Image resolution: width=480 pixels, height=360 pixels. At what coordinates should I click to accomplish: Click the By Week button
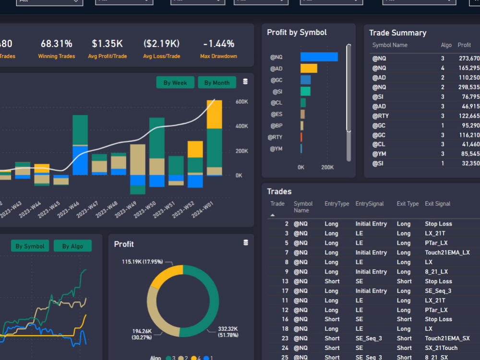pos(175,83)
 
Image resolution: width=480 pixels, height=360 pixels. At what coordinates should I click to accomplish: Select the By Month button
pos(217,83)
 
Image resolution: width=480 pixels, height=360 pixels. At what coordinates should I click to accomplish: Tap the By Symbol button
pos(30,246)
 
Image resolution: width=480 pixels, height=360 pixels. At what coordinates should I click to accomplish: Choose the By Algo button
pos(72,246)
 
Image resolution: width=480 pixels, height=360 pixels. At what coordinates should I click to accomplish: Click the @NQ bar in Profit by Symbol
pos(319,57)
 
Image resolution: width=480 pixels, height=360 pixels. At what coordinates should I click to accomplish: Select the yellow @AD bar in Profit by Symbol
pos(309,68)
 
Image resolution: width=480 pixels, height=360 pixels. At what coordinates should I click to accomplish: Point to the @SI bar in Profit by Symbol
pos(305,91)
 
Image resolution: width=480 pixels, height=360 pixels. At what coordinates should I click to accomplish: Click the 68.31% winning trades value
pos(57,44)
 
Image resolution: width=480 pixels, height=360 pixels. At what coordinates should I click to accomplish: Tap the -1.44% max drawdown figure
pos(218,44)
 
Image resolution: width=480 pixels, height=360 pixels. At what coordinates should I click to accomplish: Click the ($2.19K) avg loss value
pos(161,44)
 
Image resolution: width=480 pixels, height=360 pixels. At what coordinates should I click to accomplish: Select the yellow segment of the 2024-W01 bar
pos(214,114)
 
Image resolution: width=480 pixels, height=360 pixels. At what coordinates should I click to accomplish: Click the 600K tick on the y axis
pos(241,102)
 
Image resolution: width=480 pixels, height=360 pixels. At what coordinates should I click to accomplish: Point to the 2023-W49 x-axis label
pos(126,210)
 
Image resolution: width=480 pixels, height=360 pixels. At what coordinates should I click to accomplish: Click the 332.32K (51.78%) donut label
pos(227,332)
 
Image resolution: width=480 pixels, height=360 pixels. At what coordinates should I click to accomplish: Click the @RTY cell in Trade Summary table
pos(381,116)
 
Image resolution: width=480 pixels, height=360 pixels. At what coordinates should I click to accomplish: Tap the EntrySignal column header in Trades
pos(370,204)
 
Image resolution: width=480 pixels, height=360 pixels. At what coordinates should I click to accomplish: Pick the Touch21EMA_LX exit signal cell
pos(447,252)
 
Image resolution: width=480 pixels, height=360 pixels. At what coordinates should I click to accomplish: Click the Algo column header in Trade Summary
pos(446,45)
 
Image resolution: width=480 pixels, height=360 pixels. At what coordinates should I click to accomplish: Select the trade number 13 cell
pos(285,281)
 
